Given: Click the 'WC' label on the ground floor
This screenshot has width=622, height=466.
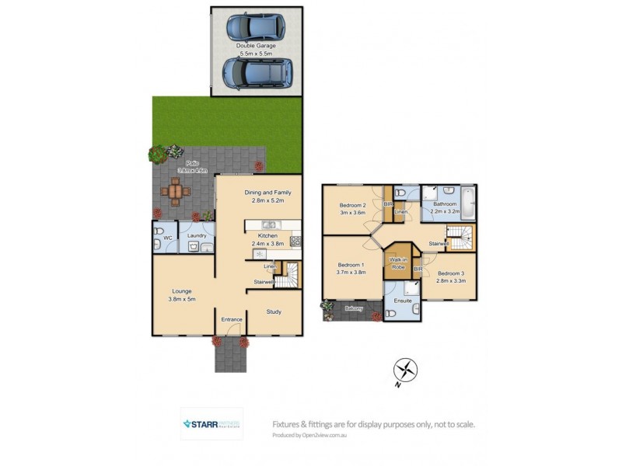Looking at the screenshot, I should point(167,238).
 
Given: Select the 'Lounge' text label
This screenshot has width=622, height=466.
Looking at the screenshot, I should point(181,292).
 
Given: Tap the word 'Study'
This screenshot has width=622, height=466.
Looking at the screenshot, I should point(273,311).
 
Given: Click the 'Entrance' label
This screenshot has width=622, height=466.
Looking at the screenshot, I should point(232,319).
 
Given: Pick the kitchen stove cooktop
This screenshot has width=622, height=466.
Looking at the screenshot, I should point(295,241).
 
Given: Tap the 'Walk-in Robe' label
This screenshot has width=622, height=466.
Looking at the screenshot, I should point(398,263).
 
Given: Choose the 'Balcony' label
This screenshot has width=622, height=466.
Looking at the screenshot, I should point(354,308).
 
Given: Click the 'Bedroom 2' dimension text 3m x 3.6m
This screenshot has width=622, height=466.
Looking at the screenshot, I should point(352,214).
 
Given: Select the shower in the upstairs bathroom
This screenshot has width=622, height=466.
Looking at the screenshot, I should point(431,193).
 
